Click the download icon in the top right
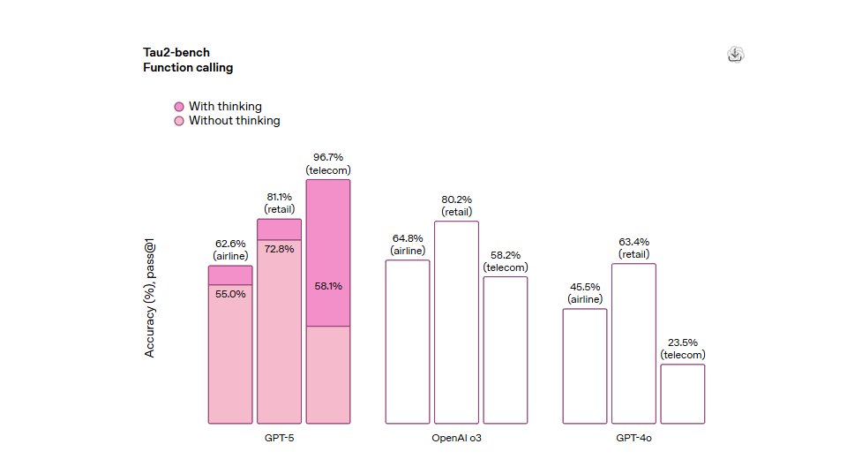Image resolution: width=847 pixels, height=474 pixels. (735, 55)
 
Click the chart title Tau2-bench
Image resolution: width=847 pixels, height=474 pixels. (176, 52)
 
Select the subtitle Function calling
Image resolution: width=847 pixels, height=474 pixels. (188, 67)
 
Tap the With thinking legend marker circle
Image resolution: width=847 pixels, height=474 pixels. (179, 107)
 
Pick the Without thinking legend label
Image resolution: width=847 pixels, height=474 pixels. (234, 121)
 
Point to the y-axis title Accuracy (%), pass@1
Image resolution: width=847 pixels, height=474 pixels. (149, 301)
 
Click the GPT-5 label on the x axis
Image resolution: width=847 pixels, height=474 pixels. (279, 438)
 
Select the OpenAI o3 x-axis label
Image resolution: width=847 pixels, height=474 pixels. (456, 438)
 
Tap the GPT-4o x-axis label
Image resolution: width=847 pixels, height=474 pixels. (633, 438)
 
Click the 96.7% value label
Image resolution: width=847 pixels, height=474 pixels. (328, 157)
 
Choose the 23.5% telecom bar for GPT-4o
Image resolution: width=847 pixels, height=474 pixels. (683, 394)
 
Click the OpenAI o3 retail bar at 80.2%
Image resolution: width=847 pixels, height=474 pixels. (456, 322)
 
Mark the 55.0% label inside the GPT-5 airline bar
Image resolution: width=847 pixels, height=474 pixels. (230, 294)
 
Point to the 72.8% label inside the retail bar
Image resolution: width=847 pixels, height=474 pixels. (279, 249)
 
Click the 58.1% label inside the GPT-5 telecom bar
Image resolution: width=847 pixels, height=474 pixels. (328, 286)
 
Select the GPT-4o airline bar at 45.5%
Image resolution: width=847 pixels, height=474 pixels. (585, 366)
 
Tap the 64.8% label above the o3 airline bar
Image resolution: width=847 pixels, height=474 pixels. (408, 238)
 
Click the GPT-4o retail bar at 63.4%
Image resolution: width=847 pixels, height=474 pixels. (633, 343)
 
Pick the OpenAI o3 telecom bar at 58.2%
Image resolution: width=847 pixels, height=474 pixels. (505, 350)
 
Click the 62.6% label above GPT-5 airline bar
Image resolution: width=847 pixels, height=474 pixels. (230, 244)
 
